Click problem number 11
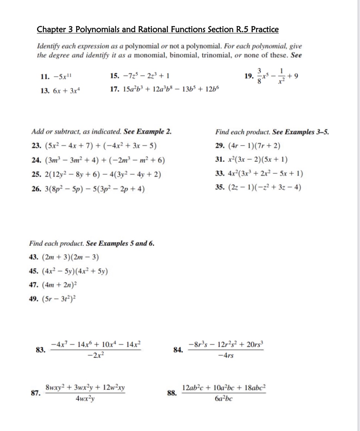click(44, 77)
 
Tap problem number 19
click(249, 76)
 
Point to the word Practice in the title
click(265, 29)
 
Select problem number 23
click(36, 146)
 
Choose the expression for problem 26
click(94, 189)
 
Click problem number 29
click(219, 146)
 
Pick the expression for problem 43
click(70, 257)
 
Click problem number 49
click(34, 299)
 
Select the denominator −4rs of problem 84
click(226, 356)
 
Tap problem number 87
click(36, 393)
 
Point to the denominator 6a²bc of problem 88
click(224, 399)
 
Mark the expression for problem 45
click(75, 271)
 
